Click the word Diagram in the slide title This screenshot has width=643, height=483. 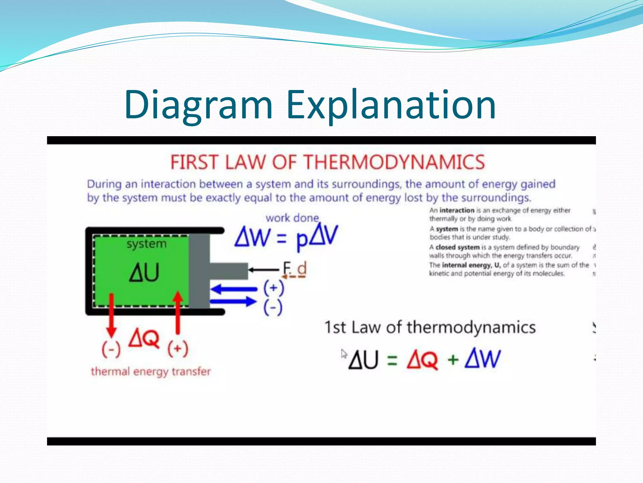(198, 105)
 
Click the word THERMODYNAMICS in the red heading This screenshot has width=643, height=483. (394, 162)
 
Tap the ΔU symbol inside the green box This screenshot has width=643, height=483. (144, 272)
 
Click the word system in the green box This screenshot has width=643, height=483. (146, 244)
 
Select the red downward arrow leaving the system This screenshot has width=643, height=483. (111, 314)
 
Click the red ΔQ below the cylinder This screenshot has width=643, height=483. (144, 338)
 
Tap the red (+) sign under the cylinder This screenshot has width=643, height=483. (178, 349)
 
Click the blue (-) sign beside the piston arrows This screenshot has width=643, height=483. (273, 308)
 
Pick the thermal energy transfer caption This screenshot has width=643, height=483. (151, 372)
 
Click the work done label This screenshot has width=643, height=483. (292, 218)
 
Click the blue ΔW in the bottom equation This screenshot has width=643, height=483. (483, 359)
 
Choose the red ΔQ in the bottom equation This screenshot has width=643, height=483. (422, 359)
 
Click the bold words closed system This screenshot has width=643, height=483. (457, 247)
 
